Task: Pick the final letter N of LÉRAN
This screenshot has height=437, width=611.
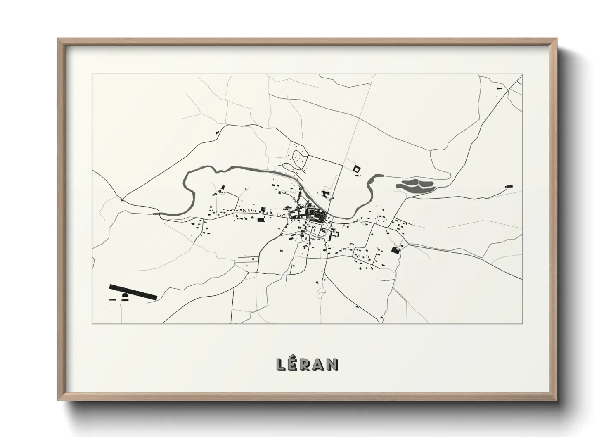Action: pyautogui.click(x=333, y=364)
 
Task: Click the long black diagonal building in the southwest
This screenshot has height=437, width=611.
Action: pyautogui.click(x=133, y=291)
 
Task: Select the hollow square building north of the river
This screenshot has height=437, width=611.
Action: pyautogui.click(x=356, y=169)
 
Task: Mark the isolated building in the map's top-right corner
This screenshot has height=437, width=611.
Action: pyautogui.click(x=499, y=88)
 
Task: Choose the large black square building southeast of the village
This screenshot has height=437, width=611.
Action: pyautogui.click(x=395, y=249)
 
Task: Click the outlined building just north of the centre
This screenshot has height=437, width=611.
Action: pyautogui.click(x=326, y=194)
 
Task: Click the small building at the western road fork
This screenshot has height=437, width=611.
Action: pyautogui.click(x=121, y=200)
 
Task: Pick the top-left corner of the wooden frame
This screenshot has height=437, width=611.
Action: pyautogui.click(x=59, y=39)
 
